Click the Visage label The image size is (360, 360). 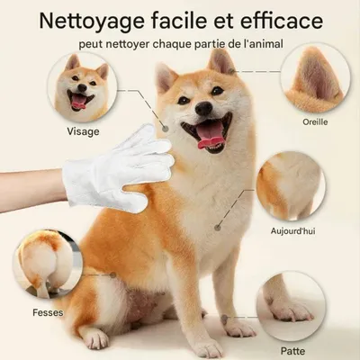[83, 131]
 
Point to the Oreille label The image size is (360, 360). [315, 122]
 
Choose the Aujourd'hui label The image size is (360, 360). [292, 231]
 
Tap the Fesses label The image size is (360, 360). [48, 312]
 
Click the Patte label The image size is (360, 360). [292, 351]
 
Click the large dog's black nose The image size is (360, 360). [204, 108]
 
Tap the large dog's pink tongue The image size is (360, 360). [210, 137]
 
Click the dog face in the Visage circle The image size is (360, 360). [83, 87]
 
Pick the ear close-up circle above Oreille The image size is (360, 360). [315, 79]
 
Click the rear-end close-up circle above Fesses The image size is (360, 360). [47, 265]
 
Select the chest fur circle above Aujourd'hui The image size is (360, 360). [291, 186]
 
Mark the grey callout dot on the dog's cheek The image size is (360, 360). [165, 129]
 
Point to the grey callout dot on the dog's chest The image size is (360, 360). [218, 228]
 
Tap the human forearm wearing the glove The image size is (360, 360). [31, 191]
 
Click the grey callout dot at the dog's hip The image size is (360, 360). [113, 274]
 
